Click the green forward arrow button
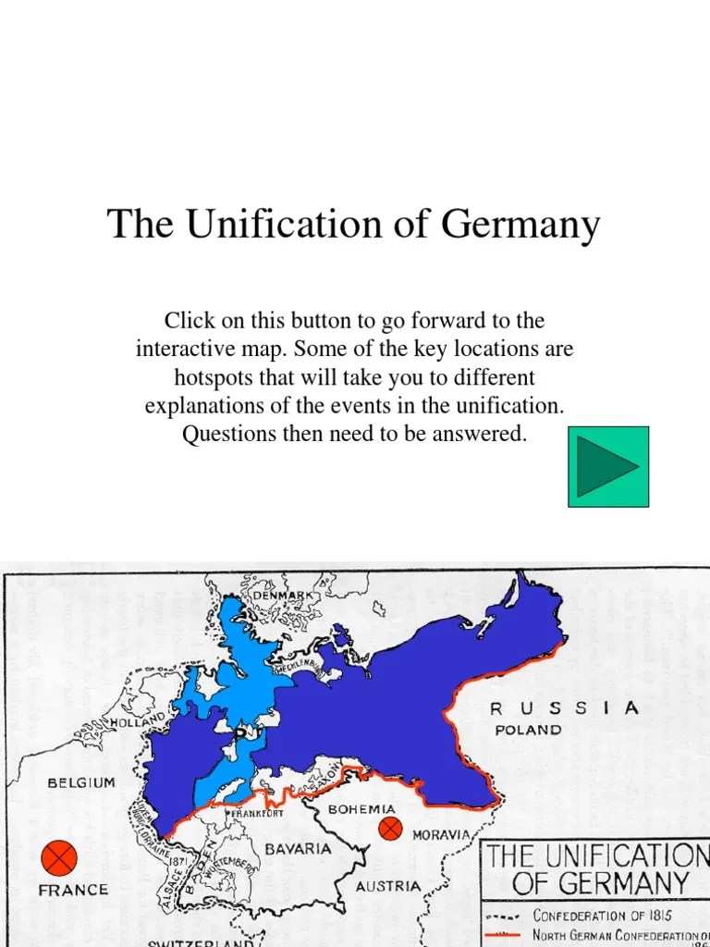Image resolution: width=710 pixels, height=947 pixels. [x=607, y=466]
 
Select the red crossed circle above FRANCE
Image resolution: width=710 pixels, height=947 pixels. [x=60, y=857]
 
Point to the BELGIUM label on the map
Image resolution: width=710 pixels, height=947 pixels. [x=81, y=783]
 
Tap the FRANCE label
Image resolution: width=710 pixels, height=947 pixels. [x=73, y=890]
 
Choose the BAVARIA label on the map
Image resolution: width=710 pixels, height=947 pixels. [x=298, y=848]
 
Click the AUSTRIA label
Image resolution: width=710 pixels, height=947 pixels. [x=389, y=886]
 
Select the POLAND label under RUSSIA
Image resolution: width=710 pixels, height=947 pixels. [x=528, y=730]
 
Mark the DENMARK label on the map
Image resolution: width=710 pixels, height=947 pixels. [x=283, y=596]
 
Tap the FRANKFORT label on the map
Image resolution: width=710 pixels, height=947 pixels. [x=257, y=814]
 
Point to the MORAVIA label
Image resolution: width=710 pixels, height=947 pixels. [x=441, y=835]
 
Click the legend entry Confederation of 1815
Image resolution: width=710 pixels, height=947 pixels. [x=602, y=916]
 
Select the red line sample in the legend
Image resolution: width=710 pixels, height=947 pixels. [x=503, y=936]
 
